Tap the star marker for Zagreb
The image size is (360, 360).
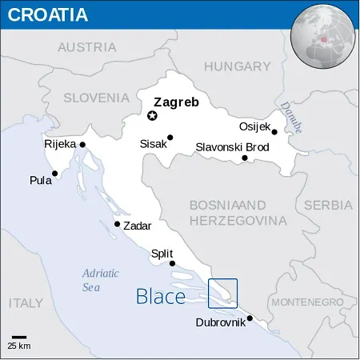point(152,116)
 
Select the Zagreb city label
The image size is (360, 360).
point(177,102)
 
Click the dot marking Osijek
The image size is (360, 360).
point(274,132)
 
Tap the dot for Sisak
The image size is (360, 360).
point(170,138)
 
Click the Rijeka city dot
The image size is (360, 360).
point(82,145)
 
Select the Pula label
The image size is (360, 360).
point(40,180)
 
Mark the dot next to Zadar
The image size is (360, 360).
point(118,224)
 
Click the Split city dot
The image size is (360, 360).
point(172,263)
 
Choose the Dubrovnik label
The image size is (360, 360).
point(221,323)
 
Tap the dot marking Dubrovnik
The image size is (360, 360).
point(250,318)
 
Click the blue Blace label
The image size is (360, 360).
point(161,297)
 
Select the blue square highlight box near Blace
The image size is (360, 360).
point(222,293)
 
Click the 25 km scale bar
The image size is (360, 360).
point(18,337)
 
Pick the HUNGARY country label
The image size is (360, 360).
point(238,66)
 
